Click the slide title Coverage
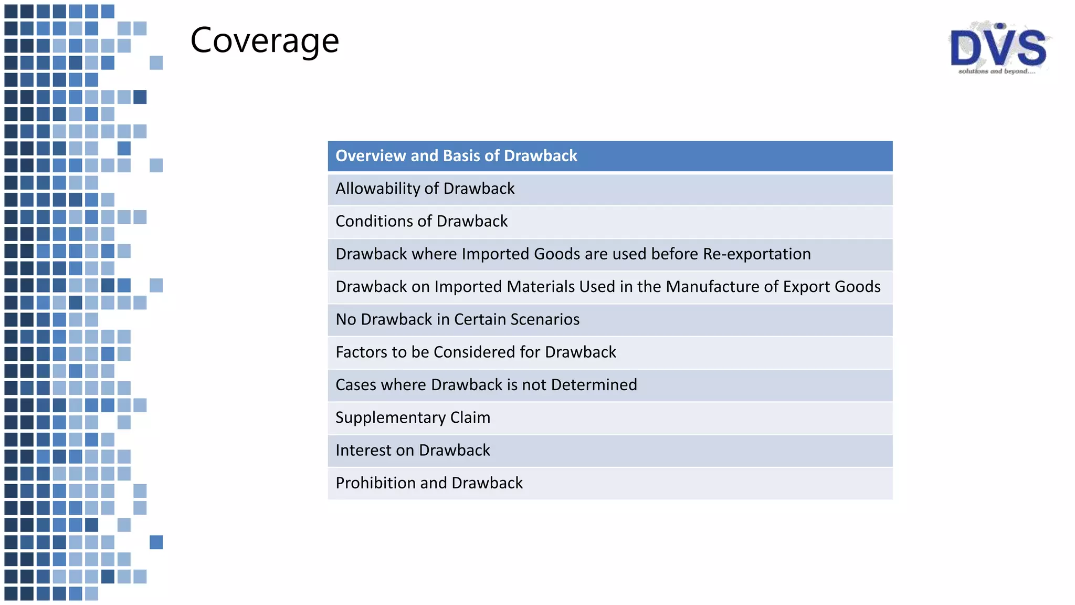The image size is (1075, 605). click(265, 41)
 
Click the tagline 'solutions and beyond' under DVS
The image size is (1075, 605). click(996, 71)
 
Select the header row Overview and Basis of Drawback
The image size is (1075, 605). click(610, 156)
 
